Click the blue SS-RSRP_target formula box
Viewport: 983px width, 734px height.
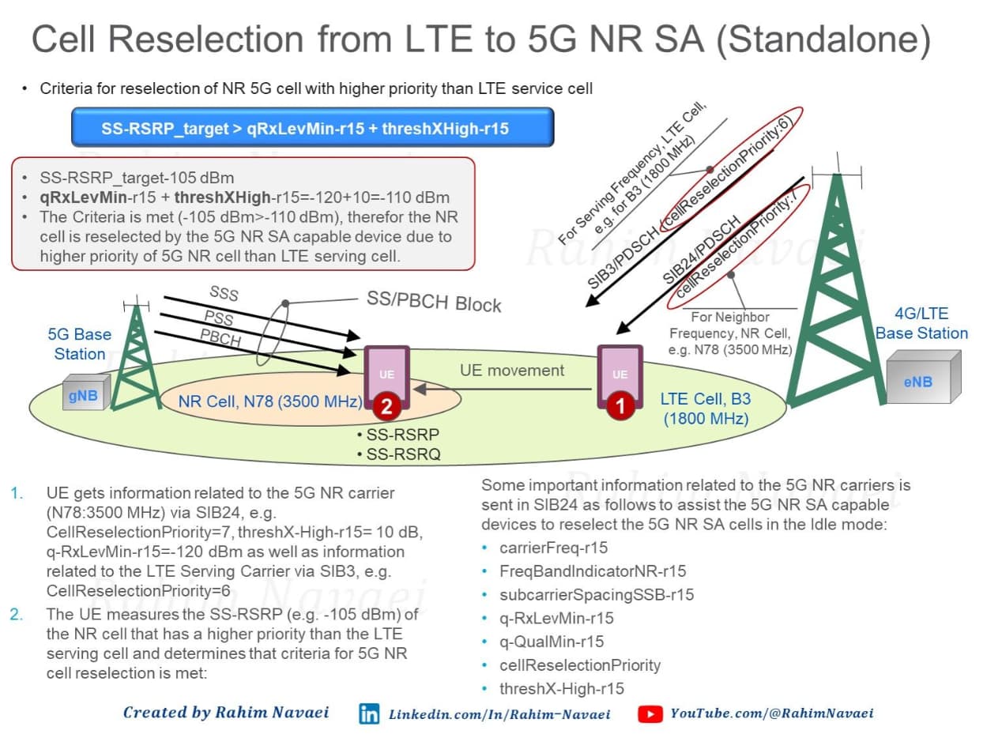point(313,127)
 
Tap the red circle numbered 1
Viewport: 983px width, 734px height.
point(620,406)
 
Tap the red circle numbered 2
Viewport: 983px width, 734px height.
point(386,406)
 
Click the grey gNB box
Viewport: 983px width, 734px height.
point(86,393)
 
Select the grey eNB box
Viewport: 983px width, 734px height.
point(924,377)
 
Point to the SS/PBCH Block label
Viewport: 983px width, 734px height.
point(434,302)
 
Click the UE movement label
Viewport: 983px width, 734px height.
point(512,370)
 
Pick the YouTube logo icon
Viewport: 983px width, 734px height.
point(650,713)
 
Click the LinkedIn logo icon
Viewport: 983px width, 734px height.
point(369,713)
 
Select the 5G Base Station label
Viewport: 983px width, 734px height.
point(79,344)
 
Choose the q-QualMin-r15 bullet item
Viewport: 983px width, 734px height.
point(552,642)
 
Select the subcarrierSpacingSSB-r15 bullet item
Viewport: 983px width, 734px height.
point(597,594)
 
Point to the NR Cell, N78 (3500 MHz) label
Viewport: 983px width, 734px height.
point(270,401)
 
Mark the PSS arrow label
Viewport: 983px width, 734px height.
point(219,318)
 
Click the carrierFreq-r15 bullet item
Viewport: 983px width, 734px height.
point(553,548)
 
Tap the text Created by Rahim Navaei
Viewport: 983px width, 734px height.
point(226,712)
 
